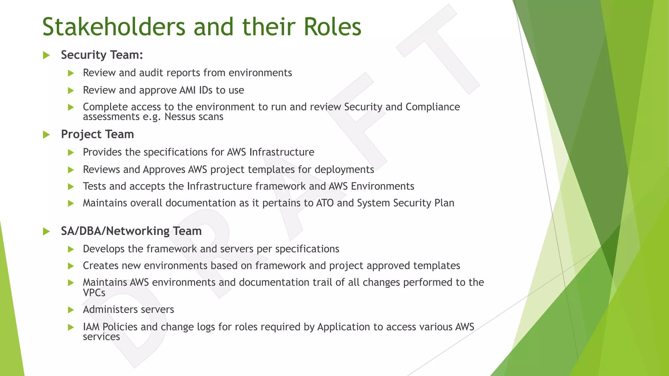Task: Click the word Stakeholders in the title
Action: tap(114, 27)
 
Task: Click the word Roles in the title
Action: tap(332, 27)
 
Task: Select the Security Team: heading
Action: tap(102, 55)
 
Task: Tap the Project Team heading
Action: tap(97, 134)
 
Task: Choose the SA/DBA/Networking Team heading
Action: tap(131, 231)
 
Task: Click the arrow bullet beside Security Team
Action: tap(46, 55)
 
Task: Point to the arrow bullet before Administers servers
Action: tap(71, 310)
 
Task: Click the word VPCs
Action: tap(94, 293)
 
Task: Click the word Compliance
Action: tap(432, 107)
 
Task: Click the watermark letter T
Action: tap(434, 49)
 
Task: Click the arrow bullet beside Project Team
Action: tap(46, 134)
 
